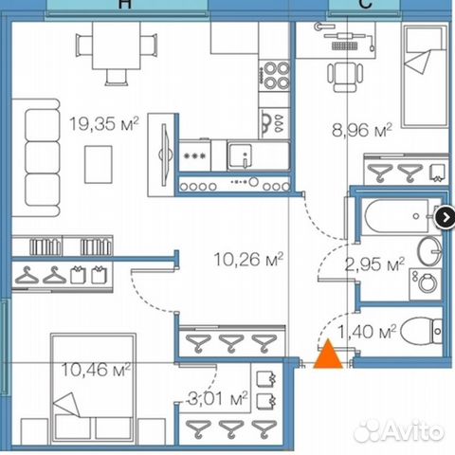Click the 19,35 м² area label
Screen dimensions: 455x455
(x=104, y=121)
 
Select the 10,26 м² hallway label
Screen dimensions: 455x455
(x=252, y=258)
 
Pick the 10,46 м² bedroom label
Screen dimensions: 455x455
(x=94, y=368)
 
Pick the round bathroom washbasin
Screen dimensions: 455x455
(x=429, y=250)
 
